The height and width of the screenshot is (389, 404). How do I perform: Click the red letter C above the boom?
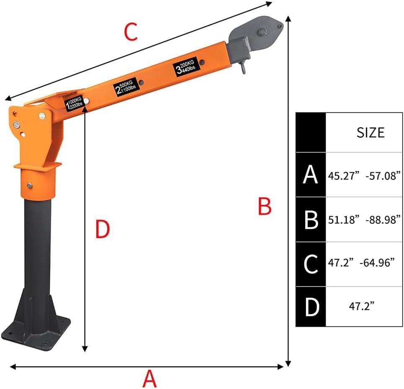click(x=131, y=32)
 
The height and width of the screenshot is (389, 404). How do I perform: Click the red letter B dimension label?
click(x=265, y=206)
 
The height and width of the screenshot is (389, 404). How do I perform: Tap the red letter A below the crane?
click(x=149, y=379)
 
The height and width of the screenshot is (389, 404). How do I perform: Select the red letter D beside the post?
click(x=103, y=229)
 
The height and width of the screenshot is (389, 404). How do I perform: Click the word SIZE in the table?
click(x=370, y=133)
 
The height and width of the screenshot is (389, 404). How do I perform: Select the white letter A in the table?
click(x=310, y=175)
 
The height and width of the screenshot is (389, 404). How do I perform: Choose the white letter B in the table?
click(x=311, y=220)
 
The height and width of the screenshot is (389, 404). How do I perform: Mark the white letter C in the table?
click(x=311, y=264)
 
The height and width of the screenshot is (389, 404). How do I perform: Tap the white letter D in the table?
click(x=311, y=307)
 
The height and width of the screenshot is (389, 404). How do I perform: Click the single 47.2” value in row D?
click(x=361, y=307)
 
